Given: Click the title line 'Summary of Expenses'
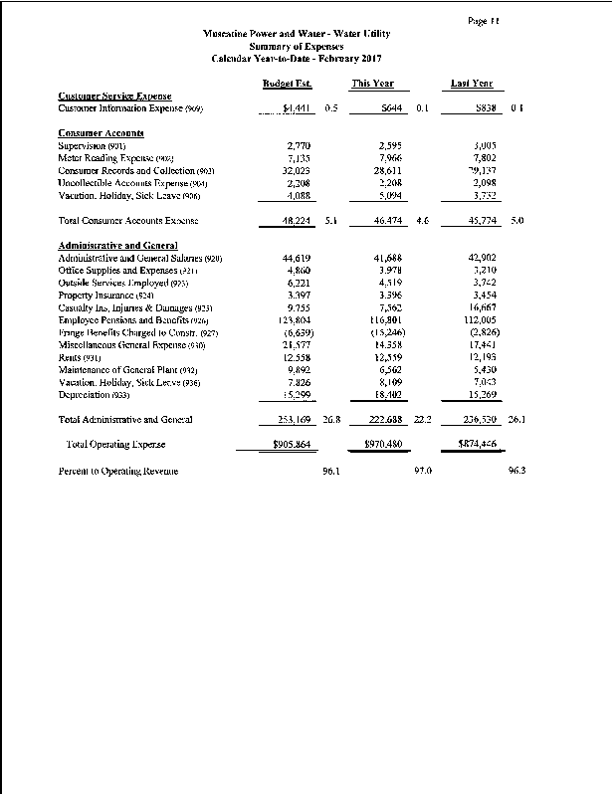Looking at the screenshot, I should pos(298,46).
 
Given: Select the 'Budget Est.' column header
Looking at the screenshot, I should pos(283,85).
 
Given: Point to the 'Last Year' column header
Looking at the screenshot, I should pos(472,85).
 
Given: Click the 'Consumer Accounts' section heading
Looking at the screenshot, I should pos(102,132).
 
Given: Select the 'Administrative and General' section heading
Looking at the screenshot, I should pos(117,245).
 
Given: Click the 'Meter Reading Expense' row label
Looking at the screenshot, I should pos(116,158).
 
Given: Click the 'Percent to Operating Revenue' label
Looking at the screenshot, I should pos(121,472).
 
